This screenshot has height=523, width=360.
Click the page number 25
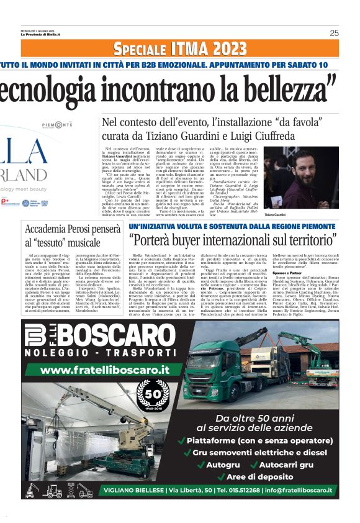[334, 33]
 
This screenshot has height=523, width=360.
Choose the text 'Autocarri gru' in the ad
[286, 464]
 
